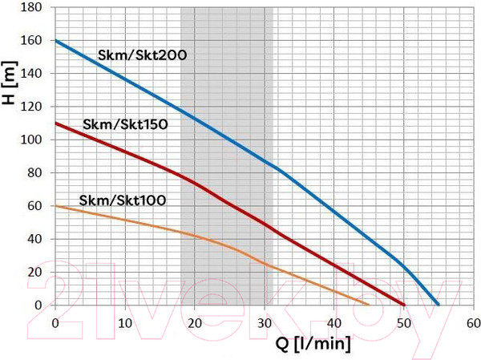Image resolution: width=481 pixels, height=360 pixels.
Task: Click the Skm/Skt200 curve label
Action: (142, 55)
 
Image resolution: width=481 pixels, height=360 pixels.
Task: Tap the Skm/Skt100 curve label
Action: (123, 200)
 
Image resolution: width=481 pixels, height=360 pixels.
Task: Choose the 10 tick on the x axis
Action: (124, 322)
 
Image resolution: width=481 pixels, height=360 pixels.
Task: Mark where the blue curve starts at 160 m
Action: (55, 40)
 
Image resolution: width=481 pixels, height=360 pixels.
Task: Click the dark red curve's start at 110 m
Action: (55, 123)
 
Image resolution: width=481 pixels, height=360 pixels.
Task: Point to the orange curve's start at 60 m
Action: (55, 206)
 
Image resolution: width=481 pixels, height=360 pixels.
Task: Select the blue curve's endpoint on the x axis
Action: (439, 305)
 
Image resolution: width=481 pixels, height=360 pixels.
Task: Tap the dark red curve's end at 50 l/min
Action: (403, 305)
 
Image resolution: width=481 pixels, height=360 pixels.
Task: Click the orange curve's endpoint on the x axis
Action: (369, 305)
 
